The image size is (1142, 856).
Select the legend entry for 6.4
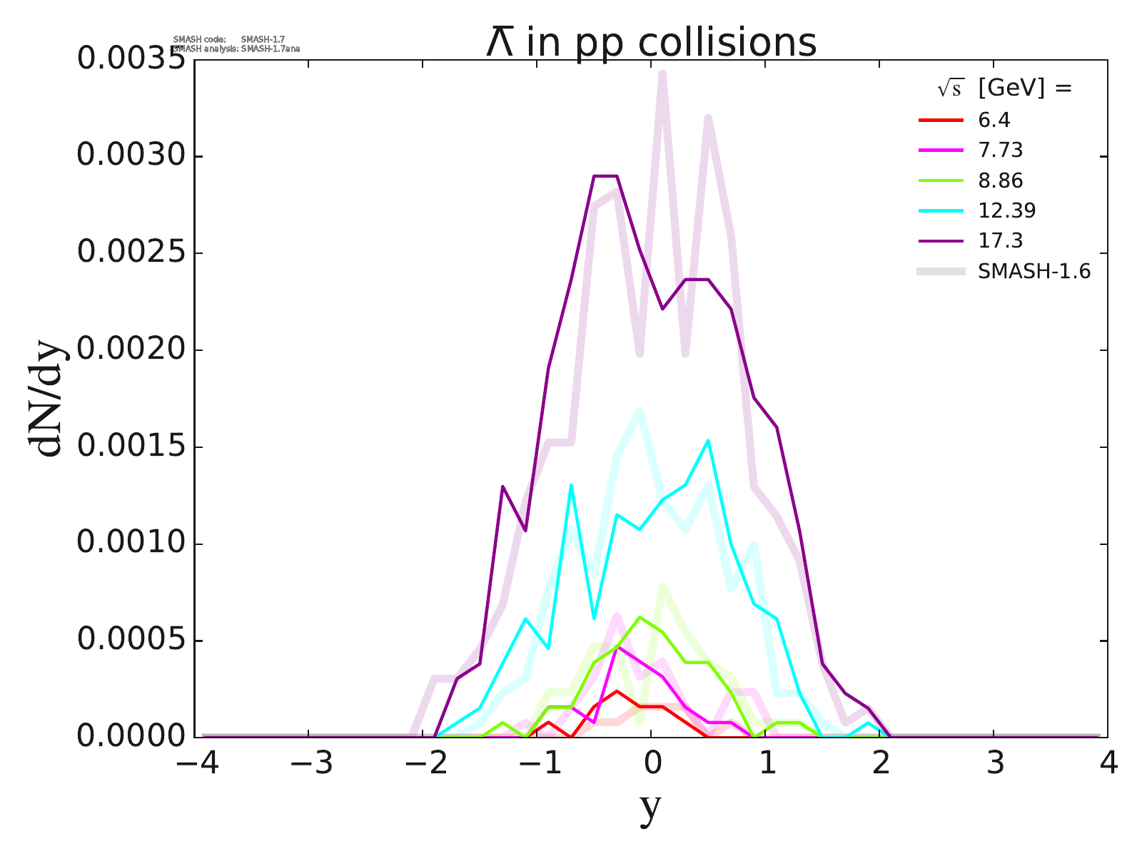click(994, 121)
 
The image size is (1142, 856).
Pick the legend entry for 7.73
click(1000, 151)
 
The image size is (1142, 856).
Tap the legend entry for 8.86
click(1000, 180)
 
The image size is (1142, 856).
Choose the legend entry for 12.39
click(1006, 210)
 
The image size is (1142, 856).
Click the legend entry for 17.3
click(1000, 240)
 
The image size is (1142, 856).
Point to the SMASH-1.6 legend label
click(1034, 271)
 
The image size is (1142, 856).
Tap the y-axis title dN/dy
click(47, 399)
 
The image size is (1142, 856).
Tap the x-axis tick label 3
click(994, 764)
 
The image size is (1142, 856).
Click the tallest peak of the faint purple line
click(662, 72)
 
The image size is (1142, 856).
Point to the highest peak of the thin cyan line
click(708, 440)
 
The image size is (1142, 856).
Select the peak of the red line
click(617, 691)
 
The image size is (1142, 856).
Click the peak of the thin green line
click(640, 617)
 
